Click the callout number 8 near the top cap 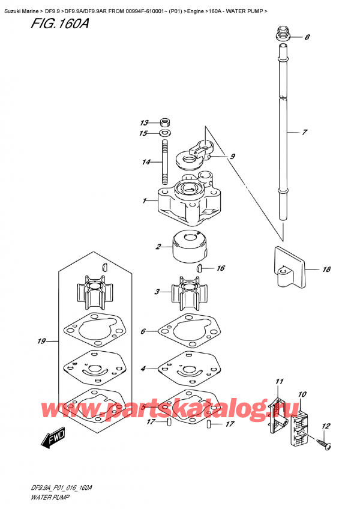point(307,38)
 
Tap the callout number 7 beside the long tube point(305,131)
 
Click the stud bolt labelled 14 point(163,161)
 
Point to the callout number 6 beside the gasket point(143,331)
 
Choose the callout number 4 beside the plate point(143,368)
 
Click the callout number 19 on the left point(41,342)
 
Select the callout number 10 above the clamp point(302,394)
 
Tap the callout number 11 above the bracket point(278,382)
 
